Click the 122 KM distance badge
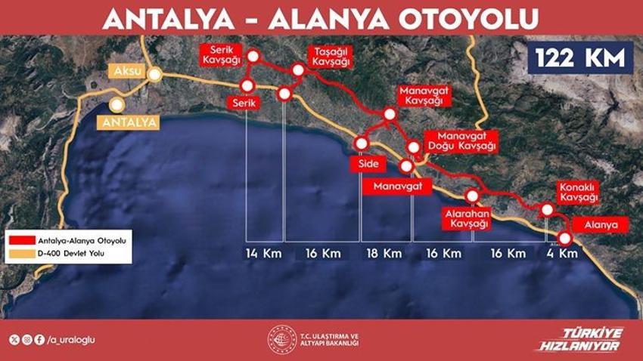(580, 57)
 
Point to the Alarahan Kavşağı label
(466, 218)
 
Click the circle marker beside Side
(361, 143)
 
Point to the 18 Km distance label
(384, 253)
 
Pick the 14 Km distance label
(264, 253)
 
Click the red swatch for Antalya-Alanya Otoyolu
(19, 239)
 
